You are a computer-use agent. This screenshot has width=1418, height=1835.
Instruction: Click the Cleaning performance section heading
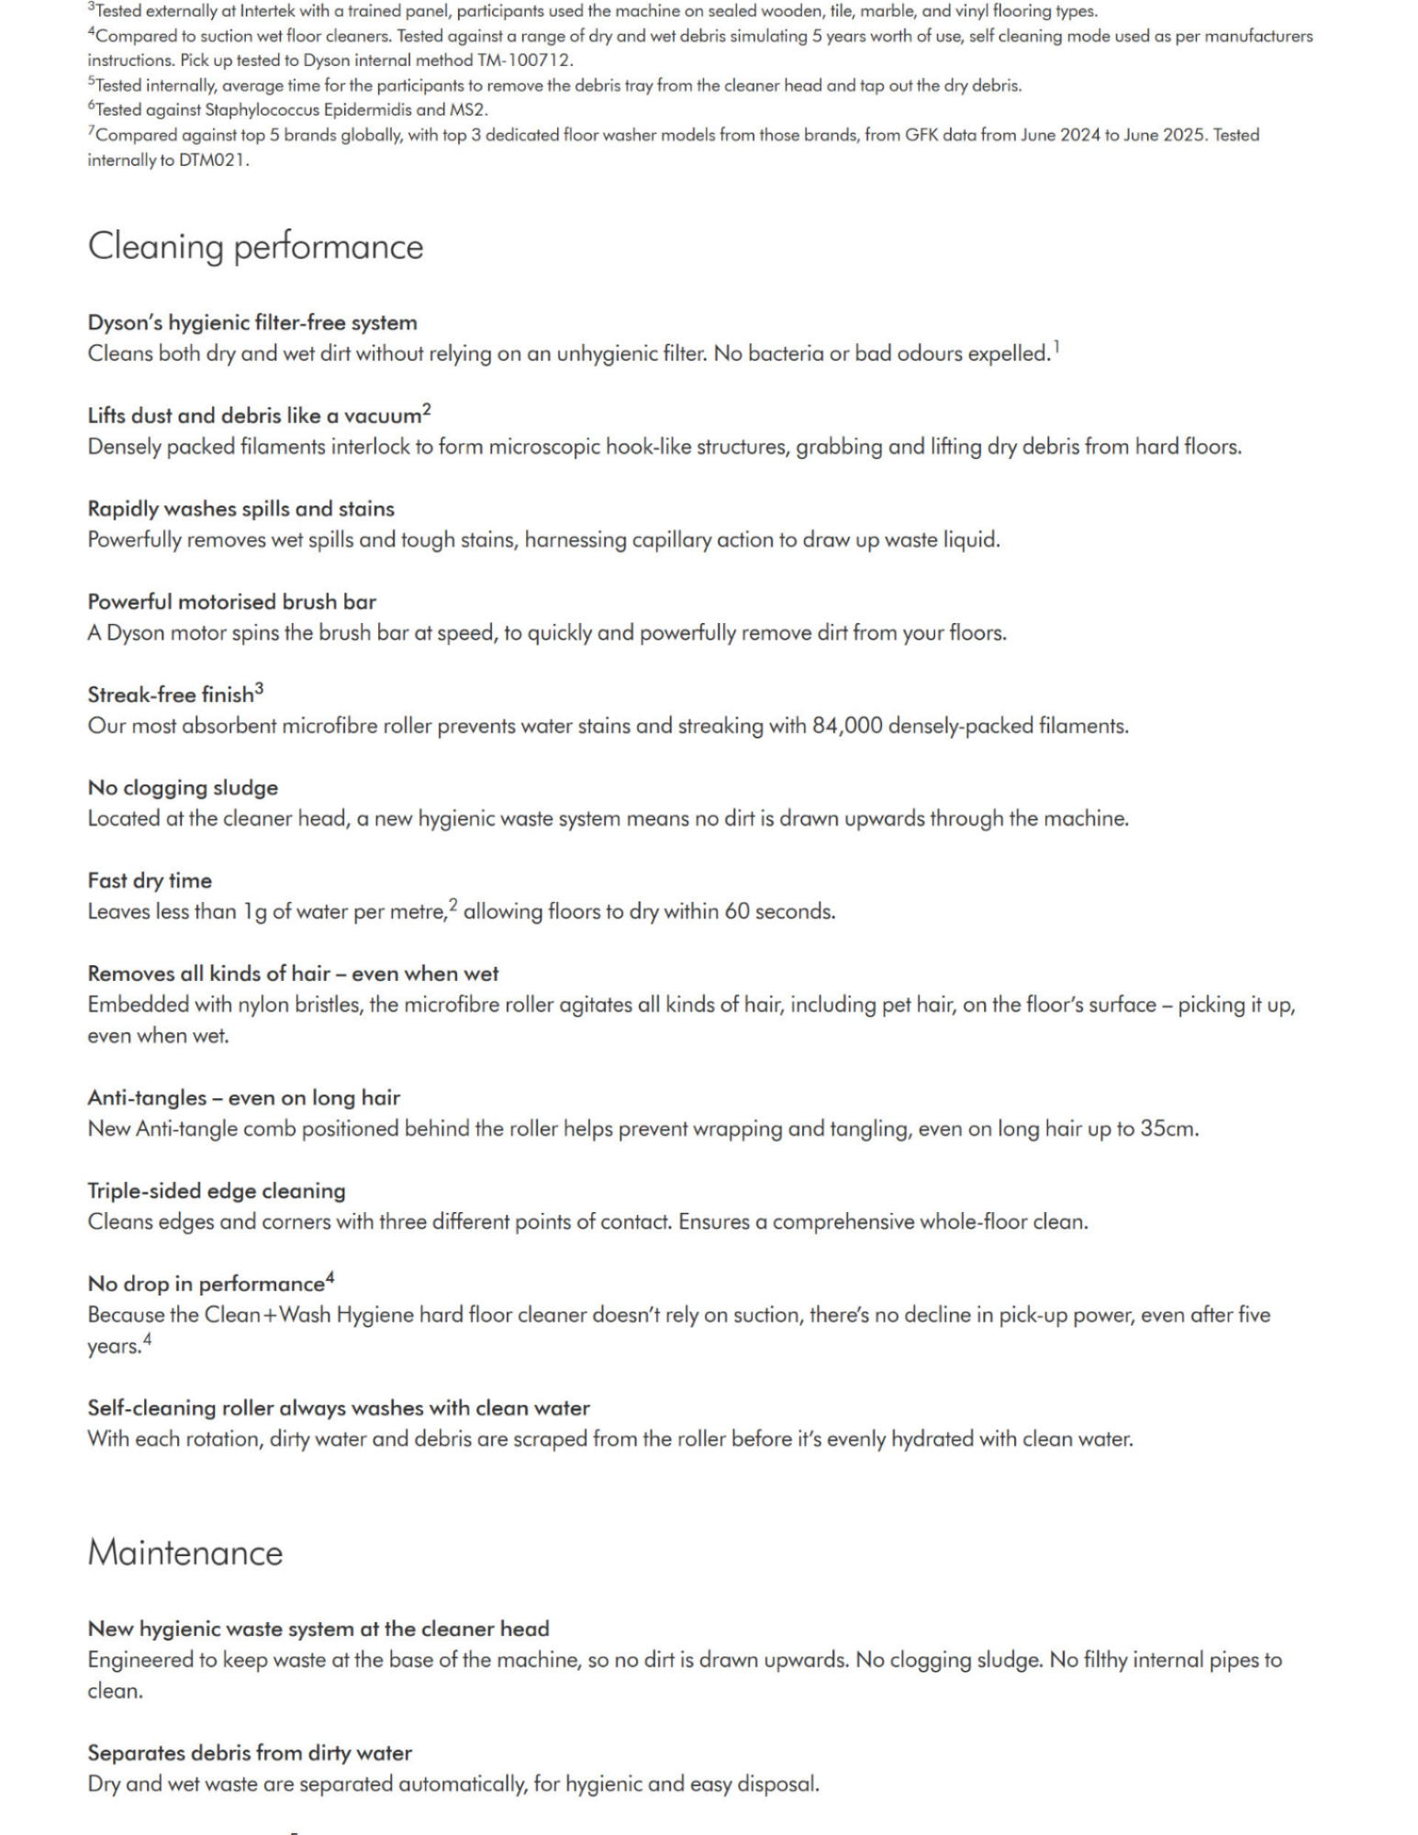click(x=255, y=247)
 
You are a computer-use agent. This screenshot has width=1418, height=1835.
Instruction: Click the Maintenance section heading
click(x=184, y=1553)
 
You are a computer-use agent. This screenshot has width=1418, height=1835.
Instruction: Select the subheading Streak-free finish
click(x=171, y=695)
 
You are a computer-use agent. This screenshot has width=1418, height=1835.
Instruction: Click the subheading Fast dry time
click(x=150, y=881)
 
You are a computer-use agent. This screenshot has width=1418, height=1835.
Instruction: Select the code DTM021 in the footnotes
click(x=212, y=160)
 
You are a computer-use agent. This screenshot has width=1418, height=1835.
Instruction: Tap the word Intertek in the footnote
click(x=268, y=12)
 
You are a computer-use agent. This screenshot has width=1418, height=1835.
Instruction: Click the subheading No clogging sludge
click(x=183, y=787)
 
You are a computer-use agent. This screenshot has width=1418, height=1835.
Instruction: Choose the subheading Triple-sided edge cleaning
click(x=217, y=1191)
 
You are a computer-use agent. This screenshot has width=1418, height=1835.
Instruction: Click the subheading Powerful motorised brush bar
click(x=231, y=602)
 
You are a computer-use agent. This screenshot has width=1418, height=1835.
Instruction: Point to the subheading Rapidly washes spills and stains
click(x=240, y=509)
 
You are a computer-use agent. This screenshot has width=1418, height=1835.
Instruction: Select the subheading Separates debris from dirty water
click(x=250, y=1752)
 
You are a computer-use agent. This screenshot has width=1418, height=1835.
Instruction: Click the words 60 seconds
click(x=779, y=912)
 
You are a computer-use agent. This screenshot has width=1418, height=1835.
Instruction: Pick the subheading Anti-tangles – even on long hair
click(x=243, y=1097)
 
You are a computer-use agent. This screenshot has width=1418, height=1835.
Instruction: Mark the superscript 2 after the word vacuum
click(x=427, y=409)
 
